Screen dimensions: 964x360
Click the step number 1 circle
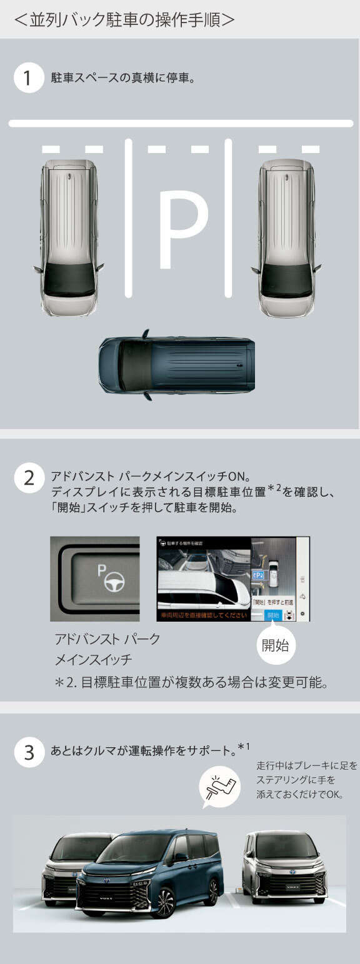pos(27,79)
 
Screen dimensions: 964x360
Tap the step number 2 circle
pos(27,479)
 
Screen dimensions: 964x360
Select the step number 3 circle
pos(27,752)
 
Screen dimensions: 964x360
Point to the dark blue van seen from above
pos(177,365)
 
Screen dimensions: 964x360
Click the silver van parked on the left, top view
pos(69,237)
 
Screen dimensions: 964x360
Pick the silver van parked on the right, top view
pos(287,237)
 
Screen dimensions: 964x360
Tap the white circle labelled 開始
pos(275,645)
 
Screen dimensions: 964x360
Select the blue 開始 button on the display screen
pos(272,615)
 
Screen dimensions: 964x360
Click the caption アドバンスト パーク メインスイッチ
pos(107,650)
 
